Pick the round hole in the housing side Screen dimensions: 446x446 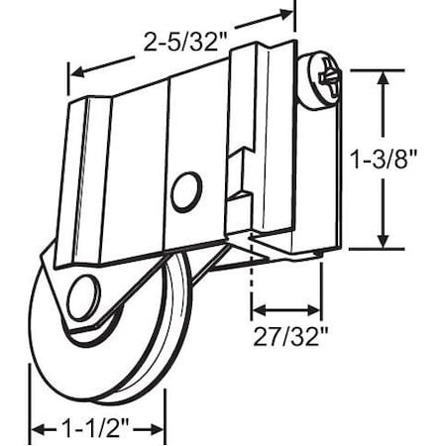tap(183, 190)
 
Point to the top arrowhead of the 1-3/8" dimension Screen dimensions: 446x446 tap(382, 75)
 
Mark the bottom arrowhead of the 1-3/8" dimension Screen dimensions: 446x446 tap(382, 241)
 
